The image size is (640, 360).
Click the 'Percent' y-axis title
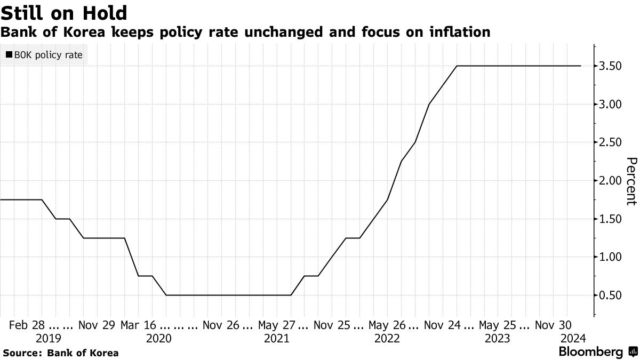pyautogui.click(x=631, y=181)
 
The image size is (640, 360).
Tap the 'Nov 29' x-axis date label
pyautogui.click(x=96, y=324)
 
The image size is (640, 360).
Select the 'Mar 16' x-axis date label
pyautogui.click(x=139, y=324)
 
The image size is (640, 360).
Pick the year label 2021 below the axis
pyautogui.click(x=277, y=338)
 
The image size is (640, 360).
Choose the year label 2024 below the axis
pyautogui.click(x=573, y=338)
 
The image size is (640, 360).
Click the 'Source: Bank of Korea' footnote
pyautogui.click(x=60, y=353)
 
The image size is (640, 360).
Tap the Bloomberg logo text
pyautogui.click(x=590, y=352)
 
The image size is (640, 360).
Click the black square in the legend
pyautogui.click(x=9, y=55)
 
